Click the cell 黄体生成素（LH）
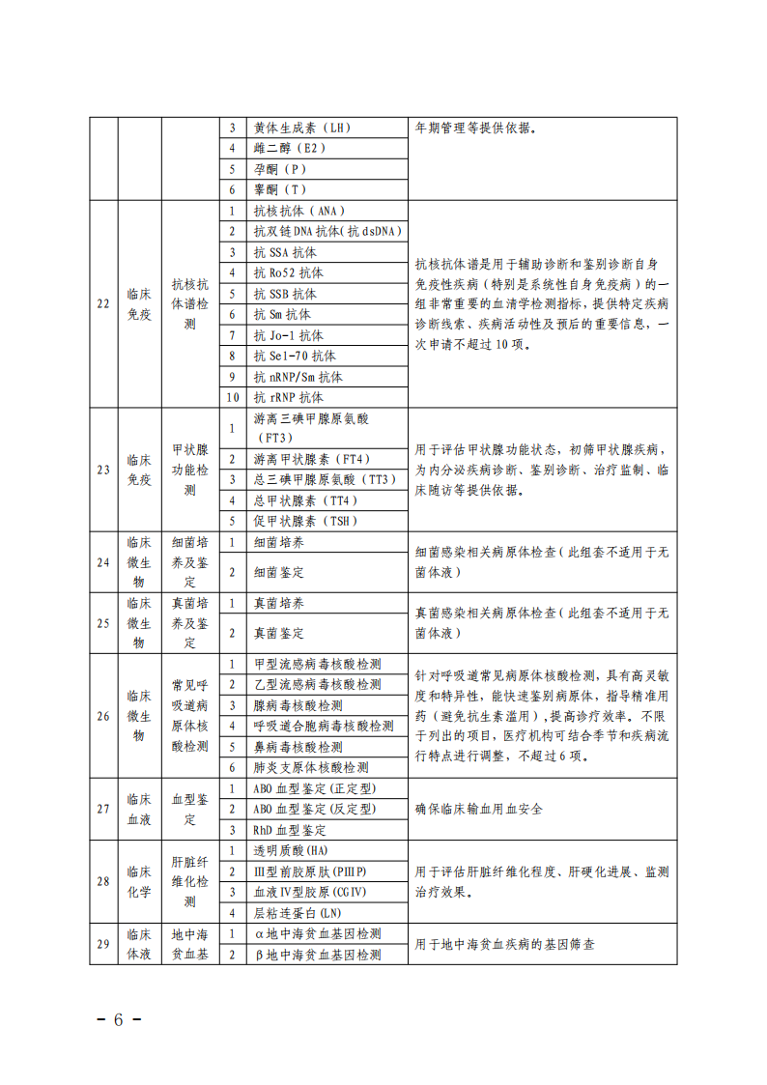click(x=301, y=128)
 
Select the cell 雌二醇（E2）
click(x=290, y=149)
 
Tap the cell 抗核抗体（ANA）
click(x=299, y=211)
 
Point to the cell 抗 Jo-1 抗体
click(x=289, y=335)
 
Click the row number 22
click(x=103, y=303)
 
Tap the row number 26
click(x=103, y=716)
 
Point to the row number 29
click(x=103, y=944)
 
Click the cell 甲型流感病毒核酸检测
click(x=317, y=664)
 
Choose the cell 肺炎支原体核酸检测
click(x=310, y=767)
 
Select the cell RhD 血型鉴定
click(x=290, y=830)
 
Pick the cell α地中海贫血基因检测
click(x=317, y=934)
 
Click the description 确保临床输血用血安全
click(x=478, y=809)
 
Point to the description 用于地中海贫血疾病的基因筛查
click(x=504, y=944)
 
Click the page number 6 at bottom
click(x=119, y=1020)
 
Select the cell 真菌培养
click(x=279, y=603)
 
